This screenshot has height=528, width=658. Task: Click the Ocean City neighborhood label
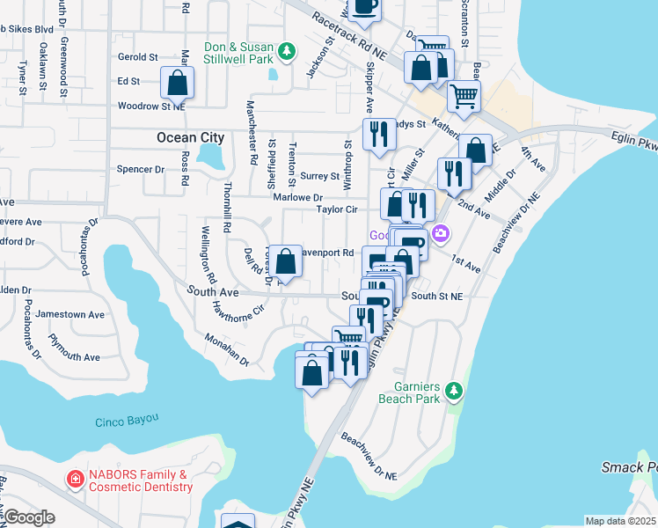pos(190,137)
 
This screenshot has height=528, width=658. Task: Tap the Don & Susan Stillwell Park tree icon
pos(285,53)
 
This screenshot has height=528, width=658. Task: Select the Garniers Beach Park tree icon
pos(453,389)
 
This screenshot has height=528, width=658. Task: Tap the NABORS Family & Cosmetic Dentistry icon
pos(77,480)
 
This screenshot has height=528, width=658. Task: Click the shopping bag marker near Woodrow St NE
pos(178,84)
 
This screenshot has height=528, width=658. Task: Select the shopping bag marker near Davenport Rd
pos(285,261)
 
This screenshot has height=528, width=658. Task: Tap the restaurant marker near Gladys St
pos(379,135)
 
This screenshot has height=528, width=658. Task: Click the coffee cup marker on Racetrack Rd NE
pos(364,8)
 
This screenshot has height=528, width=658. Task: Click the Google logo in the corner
pos(28,517)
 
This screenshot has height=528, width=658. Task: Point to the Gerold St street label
pos(136,56)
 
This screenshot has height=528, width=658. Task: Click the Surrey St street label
pos(314,176)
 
